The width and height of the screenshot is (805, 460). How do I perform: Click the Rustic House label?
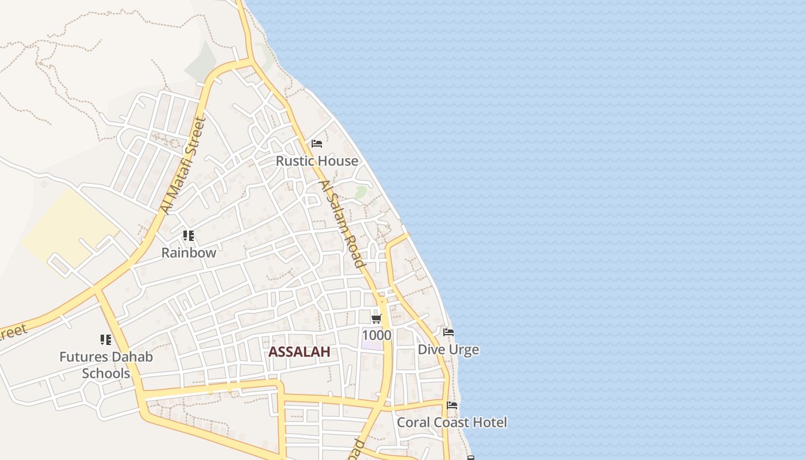tap(317, 161)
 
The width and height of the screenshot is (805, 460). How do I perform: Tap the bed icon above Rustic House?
tap(317, 144)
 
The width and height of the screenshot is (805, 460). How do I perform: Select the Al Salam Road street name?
tap(343, 224)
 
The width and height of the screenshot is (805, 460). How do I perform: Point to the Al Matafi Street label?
tap(183, 166)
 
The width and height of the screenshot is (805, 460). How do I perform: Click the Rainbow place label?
tap(189, 252)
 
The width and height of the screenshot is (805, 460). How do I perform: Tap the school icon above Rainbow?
tap(189, 235)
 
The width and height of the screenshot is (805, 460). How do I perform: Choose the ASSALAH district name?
tap(299, 352)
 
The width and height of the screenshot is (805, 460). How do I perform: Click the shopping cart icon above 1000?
tap(377, 319)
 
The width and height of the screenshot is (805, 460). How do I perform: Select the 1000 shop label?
tap(377, 335)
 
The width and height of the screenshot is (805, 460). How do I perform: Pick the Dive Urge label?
tap(448, 350)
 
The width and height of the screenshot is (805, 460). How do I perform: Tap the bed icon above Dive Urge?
tap(448, 332)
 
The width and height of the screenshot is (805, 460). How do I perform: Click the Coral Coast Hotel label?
tap(452, 423)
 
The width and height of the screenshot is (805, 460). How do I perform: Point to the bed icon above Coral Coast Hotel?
tap(453, 405)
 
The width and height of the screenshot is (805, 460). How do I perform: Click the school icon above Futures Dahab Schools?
tap(106, 340)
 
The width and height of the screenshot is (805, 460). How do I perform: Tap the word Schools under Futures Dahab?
tap(106, 373)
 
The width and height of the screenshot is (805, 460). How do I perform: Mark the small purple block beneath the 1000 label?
tap(372, 346)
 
